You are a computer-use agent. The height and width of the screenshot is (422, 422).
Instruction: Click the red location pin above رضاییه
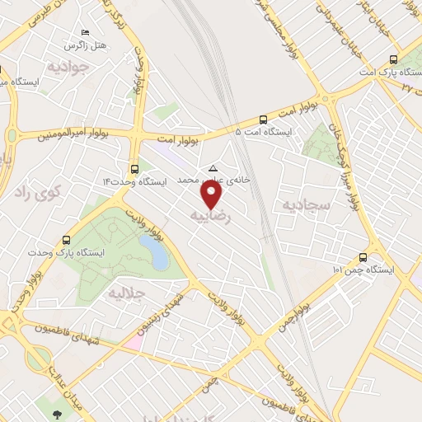(213, 194)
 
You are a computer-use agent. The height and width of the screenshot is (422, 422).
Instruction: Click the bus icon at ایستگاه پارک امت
(392, 59)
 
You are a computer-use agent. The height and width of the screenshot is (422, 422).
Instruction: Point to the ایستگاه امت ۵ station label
(263, 131)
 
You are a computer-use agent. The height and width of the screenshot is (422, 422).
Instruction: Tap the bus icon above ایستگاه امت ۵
(263, 119)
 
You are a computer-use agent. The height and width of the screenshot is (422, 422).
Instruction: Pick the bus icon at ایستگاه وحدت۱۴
(134, 169)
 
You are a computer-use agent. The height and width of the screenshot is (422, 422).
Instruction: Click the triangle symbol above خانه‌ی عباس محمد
(213, 167)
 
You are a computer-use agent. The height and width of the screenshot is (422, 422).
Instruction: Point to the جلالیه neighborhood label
(127, 292)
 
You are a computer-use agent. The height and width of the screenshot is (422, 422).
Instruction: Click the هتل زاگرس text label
(88, 43)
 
